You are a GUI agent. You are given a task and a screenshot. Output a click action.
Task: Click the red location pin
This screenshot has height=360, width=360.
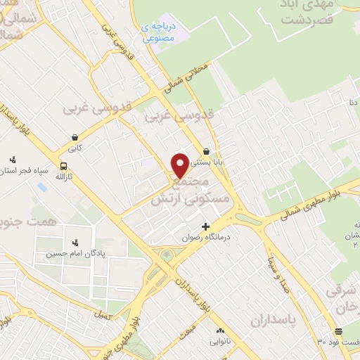click(180, 165)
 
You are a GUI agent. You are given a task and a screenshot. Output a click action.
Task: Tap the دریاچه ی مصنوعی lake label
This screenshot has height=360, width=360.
click(160, 33)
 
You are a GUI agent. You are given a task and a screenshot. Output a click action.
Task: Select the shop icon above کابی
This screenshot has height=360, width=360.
click(74, 136)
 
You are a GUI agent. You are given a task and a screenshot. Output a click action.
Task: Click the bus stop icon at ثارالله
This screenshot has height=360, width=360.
click(64, 166)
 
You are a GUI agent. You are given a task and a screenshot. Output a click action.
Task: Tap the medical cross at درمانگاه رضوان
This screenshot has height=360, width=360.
click(205, 226)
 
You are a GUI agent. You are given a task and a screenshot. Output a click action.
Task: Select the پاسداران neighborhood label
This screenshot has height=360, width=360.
click(276, 321)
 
